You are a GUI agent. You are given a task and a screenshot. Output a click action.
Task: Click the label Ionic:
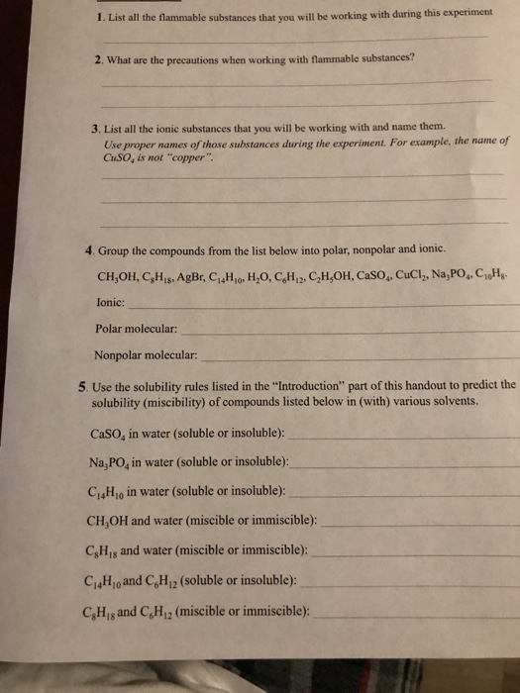click(110, 301)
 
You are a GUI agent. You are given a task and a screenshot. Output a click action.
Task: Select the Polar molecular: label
click(137, 327)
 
